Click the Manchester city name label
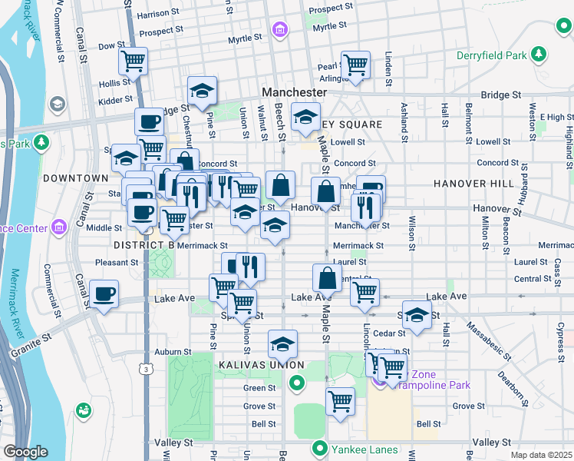click(294, 91)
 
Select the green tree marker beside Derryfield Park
click(540, 54)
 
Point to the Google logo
click(25, 452)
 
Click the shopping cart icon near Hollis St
click(134, 61)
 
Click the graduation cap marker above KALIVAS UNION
click(282, 344)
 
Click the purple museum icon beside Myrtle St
click(280, 32)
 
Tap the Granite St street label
click(30, 345)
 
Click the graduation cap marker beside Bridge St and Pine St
click(202, 91)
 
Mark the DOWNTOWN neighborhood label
click(75, 178)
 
